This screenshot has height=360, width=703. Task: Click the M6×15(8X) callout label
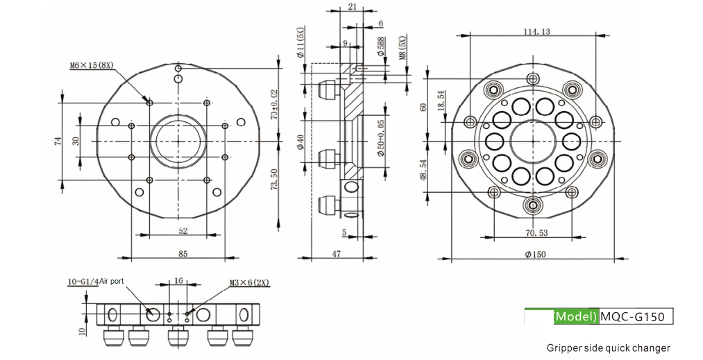pos(92,65)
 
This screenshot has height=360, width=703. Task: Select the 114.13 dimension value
pos(536,31)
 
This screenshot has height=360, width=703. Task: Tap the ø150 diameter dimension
pos(535,254)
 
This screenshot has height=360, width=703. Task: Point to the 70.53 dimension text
pos(536,232)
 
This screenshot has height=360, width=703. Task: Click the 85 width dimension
pos(183,254)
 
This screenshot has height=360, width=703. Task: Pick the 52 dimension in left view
pos(183,231)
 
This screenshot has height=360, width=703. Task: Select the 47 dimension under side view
pos(337,254)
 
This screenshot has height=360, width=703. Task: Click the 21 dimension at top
pos(352,6)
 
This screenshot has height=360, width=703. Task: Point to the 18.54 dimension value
pos(441,101)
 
